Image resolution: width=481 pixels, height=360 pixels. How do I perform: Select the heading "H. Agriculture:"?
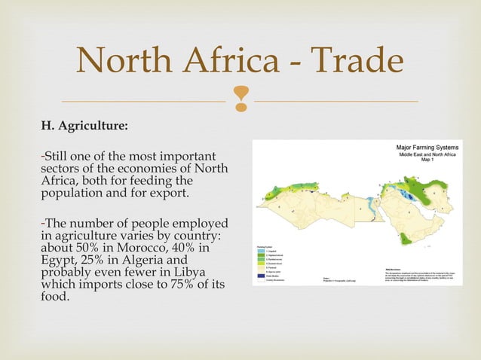(84, 125)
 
